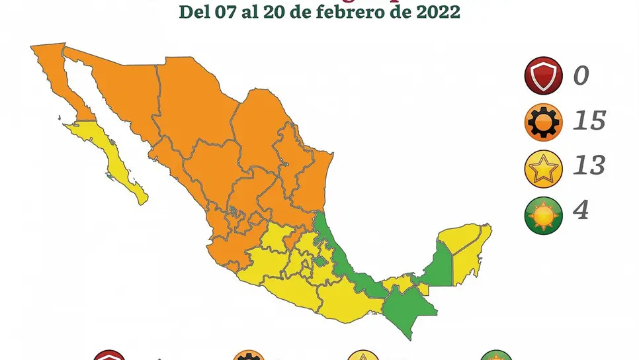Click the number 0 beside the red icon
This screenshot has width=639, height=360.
pyautogui.click(x=580, y=75)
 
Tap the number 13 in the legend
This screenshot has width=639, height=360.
pyautogui.click(x=588, y=165)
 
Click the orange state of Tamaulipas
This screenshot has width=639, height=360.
pyautogui.click(x=311, y=172)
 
